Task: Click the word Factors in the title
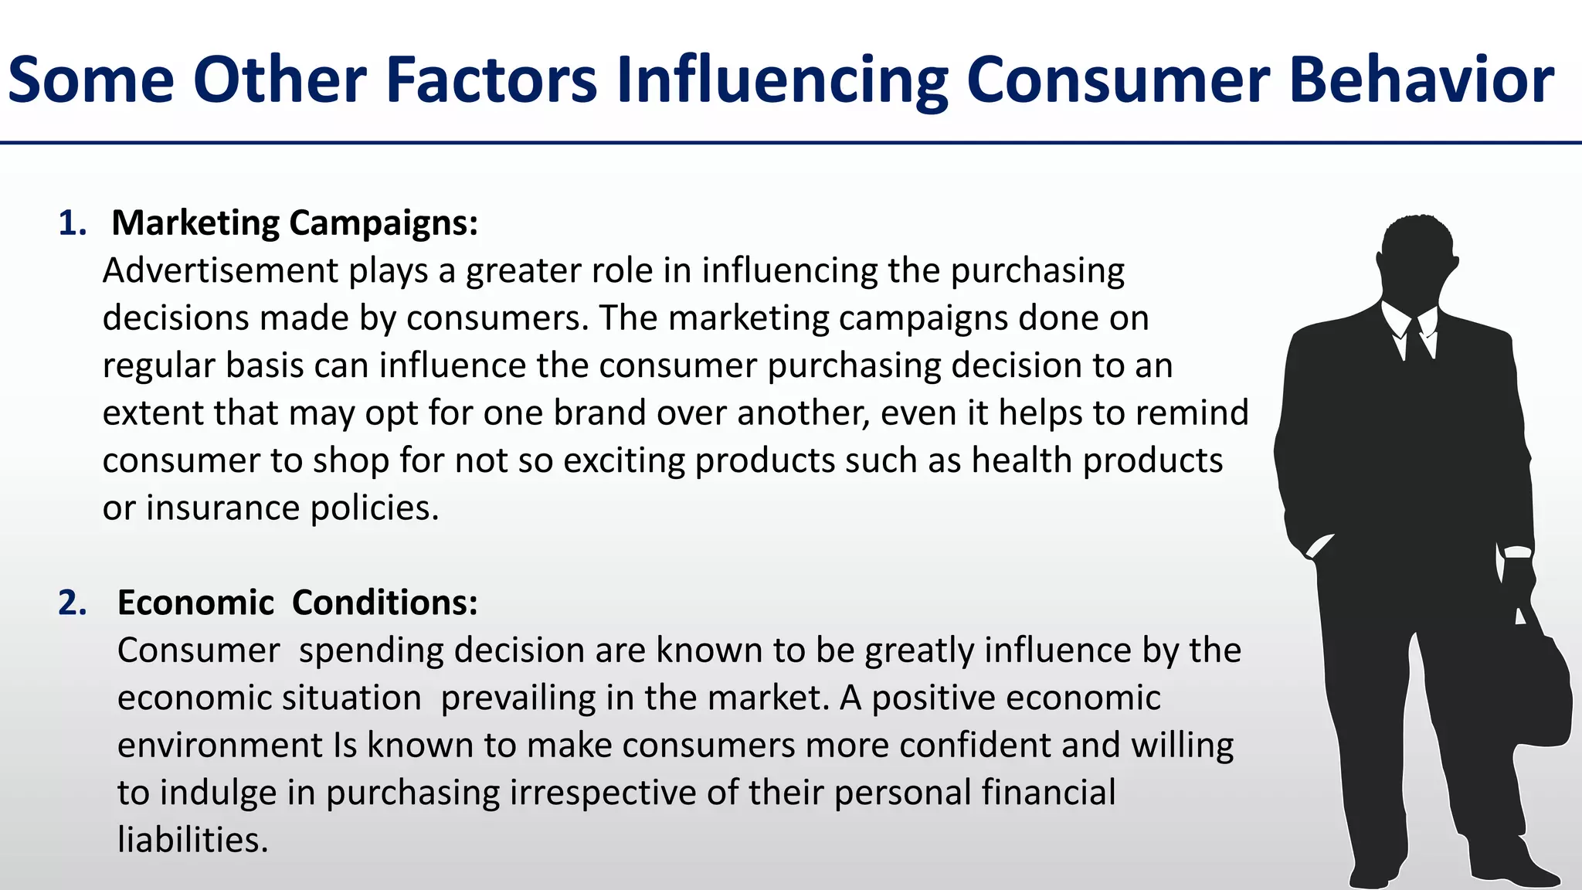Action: pyautogui.click(x=491, y=80)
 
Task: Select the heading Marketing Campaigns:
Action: pyautogui.click(x=294, y=222)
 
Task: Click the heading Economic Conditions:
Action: pyautogui.click(x=297, y=603)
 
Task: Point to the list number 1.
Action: pyautogui.click(x=71, y=223)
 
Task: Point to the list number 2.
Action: pyautogui.click(x=71, y=603)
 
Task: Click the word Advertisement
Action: pyautogui.click(x=220, y=271)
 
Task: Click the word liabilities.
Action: pyautogui.click(x=192, y=840)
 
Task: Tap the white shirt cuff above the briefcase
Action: pyautogui.click(x=1517, y=552)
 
